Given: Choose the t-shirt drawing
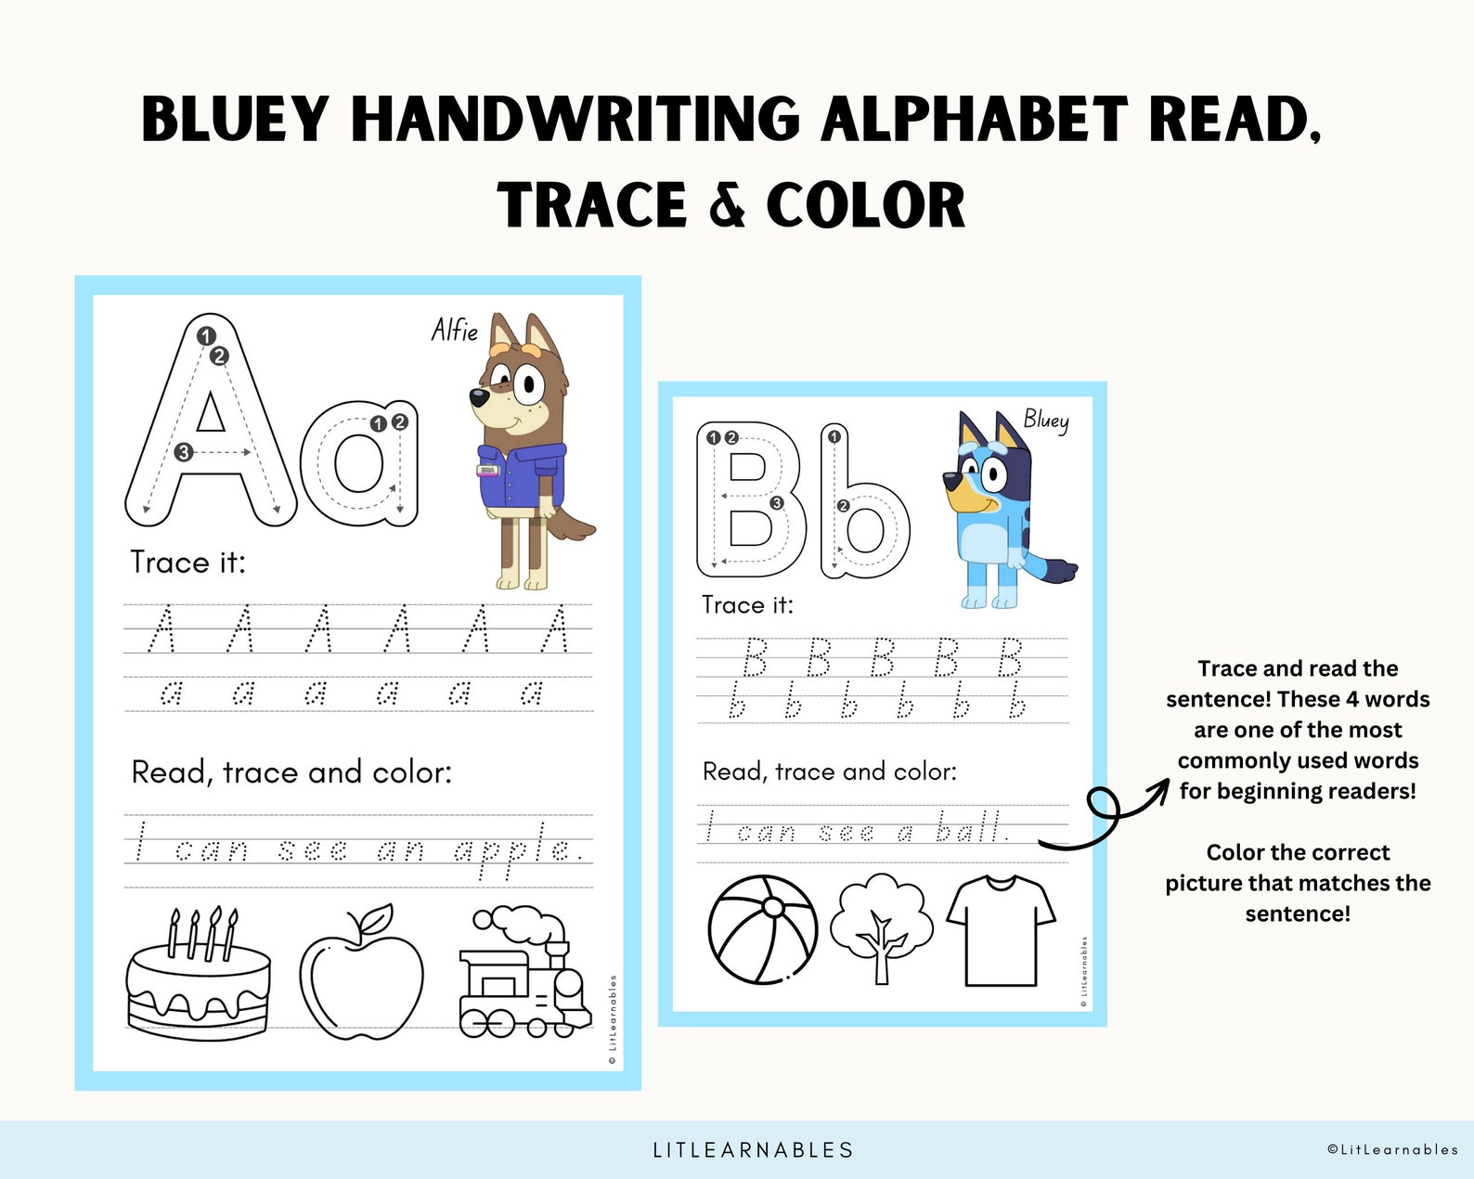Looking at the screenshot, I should coord(1001,930).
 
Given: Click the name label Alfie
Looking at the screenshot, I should coord(455,330).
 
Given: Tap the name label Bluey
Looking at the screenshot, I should coord(1046,420).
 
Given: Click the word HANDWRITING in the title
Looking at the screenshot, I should coord(575,121).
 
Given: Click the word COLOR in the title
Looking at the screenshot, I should coord(865,205).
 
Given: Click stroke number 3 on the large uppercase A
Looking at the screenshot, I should coord(184,452).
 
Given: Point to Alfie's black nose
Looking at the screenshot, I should coord(477,398).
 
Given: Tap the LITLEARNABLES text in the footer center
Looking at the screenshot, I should coord(753,1150).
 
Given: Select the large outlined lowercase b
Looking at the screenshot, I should coord(863,506).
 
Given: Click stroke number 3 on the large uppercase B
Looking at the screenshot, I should coord(777,503).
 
